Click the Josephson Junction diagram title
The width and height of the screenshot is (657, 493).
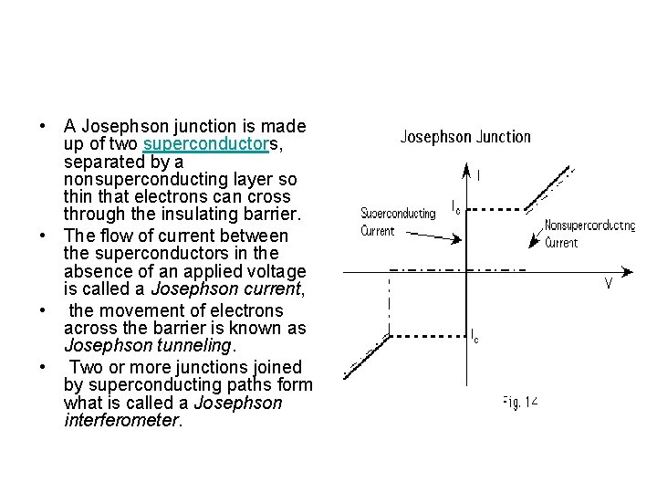pyautogui.click(x=465, y=137)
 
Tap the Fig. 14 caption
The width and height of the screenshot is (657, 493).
pyautogui.click(x=520, y=401)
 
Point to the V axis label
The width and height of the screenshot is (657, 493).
pyautogui.click(x=608, y=284)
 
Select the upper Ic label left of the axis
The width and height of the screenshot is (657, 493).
pyautogui.click(x=457, y=206)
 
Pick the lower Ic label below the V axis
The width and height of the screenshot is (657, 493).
pyautogui.click(x=474, y=336)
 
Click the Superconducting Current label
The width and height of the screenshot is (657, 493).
pyautogui.click(x=398, y=222)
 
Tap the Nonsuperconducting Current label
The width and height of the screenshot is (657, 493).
pyautogui.click(x=589, y=234)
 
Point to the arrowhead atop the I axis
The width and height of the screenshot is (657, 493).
pyautogui.click(x=466, y=169)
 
